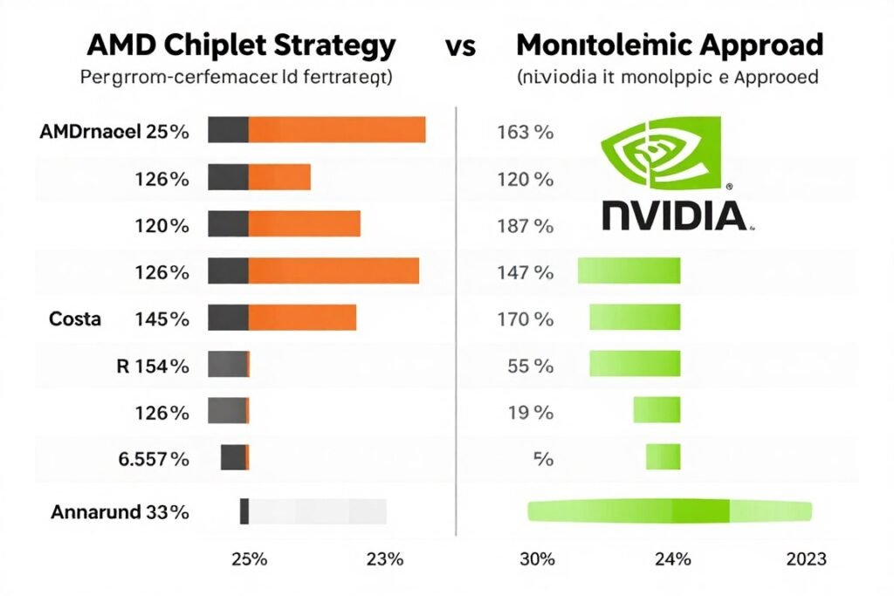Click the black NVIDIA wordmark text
click(674, 214)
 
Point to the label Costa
click(75, 319)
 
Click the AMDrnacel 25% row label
click(113, 133)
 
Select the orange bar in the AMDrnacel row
click(337, 130)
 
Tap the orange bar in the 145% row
click(302, 318)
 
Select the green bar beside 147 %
click(629, 271)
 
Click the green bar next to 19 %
click(657, 409)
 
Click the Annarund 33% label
click(118, 512)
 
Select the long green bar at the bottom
click(670, 511)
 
